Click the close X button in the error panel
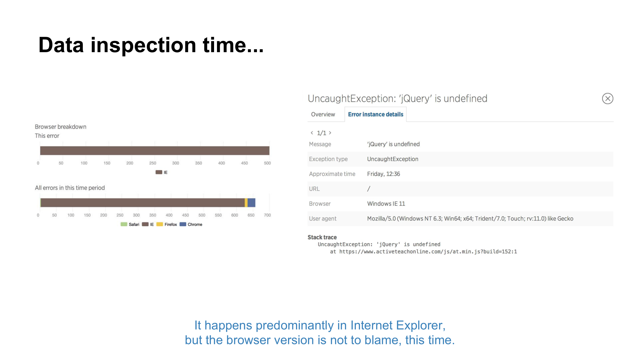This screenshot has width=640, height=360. [x=607, y=99]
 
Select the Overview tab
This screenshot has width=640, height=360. [x=323, y=115]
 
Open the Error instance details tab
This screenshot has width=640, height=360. [x=375, y=115]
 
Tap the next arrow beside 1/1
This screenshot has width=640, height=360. [x=330, y=133]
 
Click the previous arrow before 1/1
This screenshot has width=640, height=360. [x=312, y=133]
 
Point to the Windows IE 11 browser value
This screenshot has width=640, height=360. [x=386, y=204]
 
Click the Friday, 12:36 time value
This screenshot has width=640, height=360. [x=383, y=174]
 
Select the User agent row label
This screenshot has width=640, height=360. [x=323, y=219]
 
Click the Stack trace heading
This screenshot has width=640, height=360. [x=322, y=237]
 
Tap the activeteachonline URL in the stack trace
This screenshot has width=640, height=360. [x=428, y=252]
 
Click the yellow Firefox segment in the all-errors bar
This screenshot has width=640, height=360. [x=246, y=203]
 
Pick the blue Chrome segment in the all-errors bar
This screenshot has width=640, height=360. [x=252, y=203]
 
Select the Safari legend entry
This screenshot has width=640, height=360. [x=130, y=224]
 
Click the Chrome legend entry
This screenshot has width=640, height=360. [x=191, y=224]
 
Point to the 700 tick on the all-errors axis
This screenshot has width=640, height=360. [x=267, y=215]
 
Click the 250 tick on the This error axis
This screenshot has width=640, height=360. [x=153, y=163]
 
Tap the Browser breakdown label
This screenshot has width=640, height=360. [x=60, y=127]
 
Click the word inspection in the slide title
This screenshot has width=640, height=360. [x=143, y=45]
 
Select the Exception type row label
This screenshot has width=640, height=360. [x=328, y=159]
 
